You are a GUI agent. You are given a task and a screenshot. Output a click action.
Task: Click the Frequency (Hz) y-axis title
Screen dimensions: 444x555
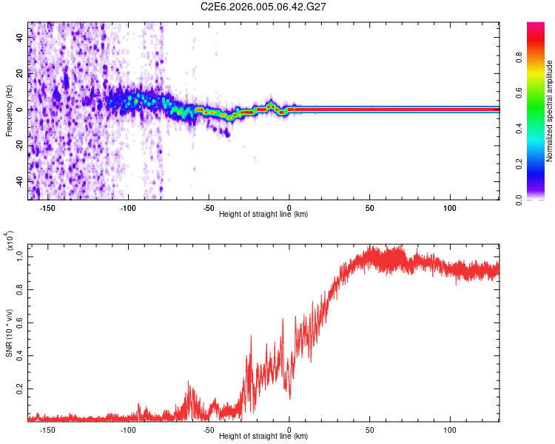click(10, 111)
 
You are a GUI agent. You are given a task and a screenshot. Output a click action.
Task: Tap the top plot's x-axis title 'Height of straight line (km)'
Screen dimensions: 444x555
click(263, 215)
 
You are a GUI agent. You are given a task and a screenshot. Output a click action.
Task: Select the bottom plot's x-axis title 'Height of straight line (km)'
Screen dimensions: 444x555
click(263, 436)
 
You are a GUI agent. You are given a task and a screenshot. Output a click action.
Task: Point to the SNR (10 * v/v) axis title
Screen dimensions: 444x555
click(10, 333)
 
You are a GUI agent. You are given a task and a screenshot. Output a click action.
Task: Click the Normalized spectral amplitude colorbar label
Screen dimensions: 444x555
click(550, 111)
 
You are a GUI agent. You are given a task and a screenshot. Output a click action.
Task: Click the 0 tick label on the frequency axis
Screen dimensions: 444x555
click(21, 109)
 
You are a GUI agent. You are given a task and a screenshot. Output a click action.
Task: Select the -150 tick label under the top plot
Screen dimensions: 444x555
click(48, 208)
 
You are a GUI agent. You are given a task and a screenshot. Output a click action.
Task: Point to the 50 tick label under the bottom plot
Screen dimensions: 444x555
click(369, 430)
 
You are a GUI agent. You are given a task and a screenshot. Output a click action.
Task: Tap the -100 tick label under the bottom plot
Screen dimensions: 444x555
click(128, 430)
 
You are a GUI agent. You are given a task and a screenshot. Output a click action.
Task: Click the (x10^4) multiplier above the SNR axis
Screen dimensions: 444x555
click(10, 240)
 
